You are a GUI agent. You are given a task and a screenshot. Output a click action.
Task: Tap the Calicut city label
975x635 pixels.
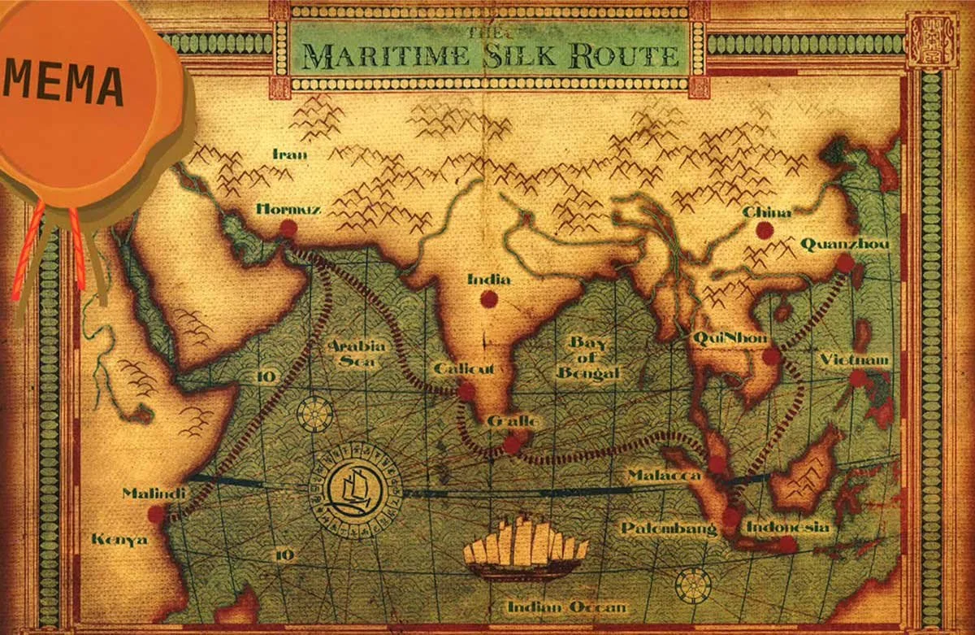(464, 368)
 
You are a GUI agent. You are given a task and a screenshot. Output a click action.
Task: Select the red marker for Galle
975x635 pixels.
(511, 444)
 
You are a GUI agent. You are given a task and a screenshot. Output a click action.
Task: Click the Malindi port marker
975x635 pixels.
(155, 514)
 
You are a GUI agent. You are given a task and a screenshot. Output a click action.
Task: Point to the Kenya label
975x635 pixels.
(119, 539)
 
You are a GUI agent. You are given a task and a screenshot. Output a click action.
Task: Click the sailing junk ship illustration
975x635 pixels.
(526, 549)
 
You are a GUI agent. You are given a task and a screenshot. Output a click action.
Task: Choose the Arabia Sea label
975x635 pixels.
(356, 354)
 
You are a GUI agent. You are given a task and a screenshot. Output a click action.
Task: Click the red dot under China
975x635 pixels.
(765, 230)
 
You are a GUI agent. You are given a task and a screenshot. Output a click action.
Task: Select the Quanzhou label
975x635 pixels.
(844, 244)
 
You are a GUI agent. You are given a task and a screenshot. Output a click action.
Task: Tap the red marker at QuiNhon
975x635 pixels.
(771, 355)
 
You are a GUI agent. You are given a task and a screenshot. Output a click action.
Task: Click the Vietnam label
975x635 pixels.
(854, 359)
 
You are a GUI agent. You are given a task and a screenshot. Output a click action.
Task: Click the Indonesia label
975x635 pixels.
(788, 528)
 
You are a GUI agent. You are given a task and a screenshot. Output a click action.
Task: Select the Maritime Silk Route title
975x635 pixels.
(490, 55)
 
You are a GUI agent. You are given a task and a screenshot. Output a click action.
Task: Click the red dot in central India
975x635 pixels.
(488, 299)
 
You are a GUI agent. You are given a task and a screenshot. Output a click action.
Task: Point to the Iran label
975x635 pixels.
(290, 154)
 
